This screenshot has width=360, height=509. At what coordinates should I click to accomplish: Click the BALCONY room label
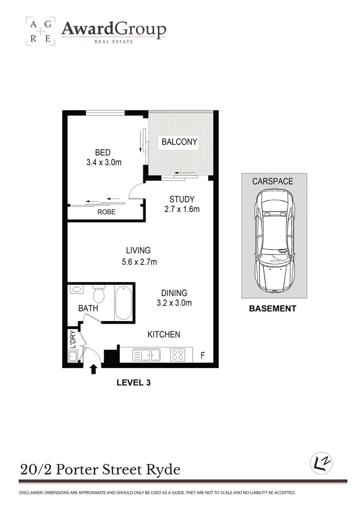pos(179,141)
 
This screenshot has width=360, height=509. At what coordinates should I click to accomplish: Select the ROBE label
pos(106,212)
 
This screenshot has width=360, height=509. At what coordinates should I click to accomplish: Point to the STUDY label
pos(182,199)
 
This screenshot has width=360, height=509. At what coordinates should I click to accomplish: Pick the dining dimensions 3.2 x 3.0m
pos(174,303)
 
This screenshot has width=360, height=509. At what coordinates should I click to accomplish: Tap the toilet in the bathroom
pos(99,295)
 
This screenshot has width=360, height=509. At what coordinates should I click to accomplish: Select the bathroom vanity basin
pos(75,290)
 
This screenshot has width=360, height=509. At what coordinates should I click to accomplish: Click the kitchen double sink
pos(147,354)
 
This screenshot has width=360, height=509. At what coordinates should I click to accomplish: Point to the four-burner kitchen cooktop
pos(177,354)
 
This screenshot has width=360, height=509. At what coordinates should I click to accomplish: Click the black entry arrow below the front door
pos(93,369)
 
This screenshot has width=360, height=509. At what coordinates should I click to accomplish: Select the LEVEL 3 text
pos(133,383)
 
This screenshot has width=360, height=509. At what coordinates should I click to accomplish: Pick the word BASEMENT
pos(272,309)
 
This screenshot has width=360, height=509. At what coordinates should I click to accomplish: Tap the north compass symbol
pos(321,463)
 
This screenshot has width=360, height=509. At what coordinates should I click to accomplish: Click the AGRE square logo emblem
pos(40,31)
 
